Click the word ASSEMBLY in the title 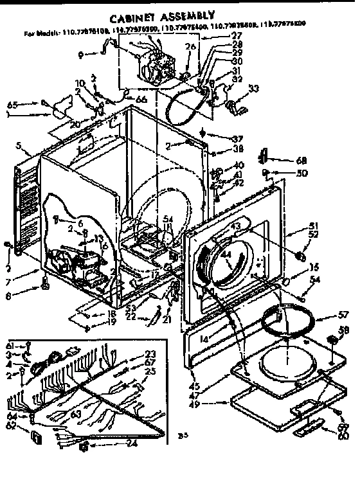coord(186,13)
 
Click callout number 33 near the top coord(254,88)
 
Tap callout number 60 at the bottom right coord(341,436)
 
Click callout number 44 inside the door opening coord(225,255)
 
